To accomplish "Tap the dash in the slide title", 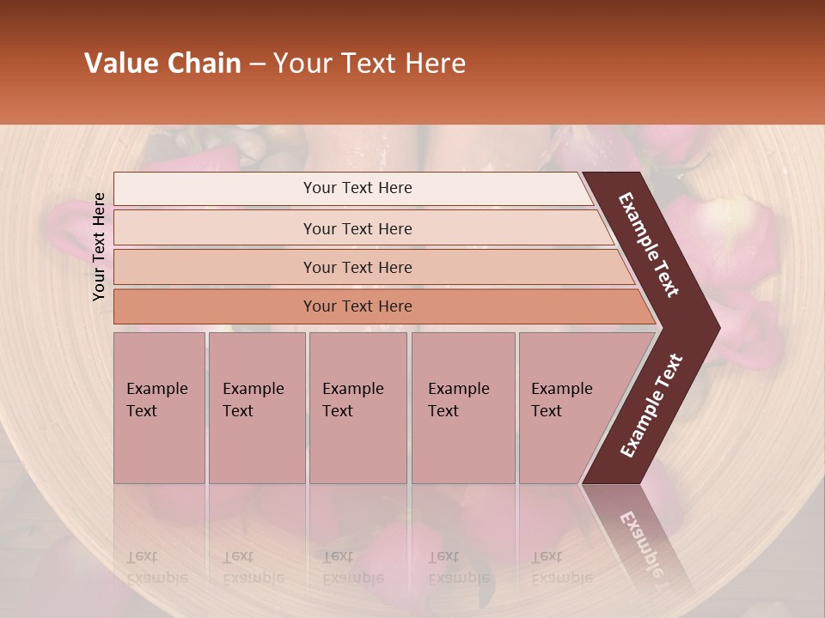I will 257,64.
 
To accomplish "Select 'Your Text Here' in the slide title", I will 370,64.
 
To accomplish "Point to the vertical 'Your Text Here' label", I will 99,246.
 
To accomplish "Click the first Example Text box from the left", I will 159,408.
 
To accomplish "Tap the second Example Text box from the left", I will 257,408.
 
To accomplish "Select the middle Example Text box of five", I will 357,408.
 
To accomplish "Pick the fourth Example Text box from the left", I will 463,408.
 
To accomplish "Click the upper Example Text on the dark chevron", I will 649,245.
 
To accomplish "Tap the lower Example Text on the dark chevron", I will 651,406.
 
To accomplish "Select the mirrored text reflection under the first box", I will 157,567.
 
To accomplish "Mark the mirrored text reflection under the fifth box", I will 562,567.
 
